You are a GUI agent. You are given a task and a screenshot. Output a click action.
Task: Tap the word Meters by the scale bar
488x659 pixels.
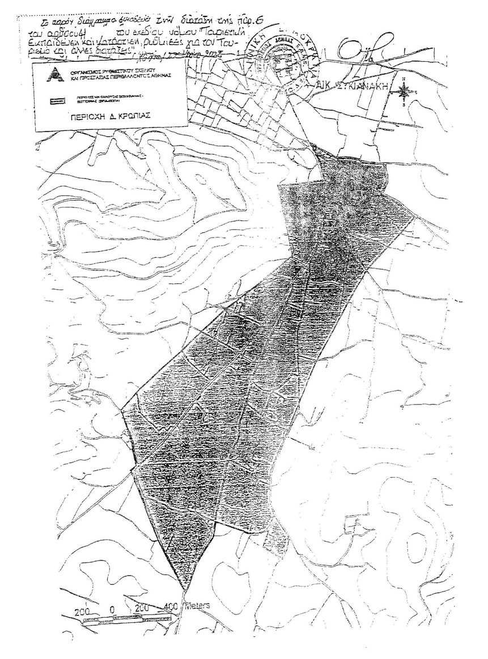coord(196,606)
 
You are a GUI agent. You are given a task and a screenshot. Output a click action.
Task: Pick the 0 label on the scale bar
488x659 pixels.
coord(112,608)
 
